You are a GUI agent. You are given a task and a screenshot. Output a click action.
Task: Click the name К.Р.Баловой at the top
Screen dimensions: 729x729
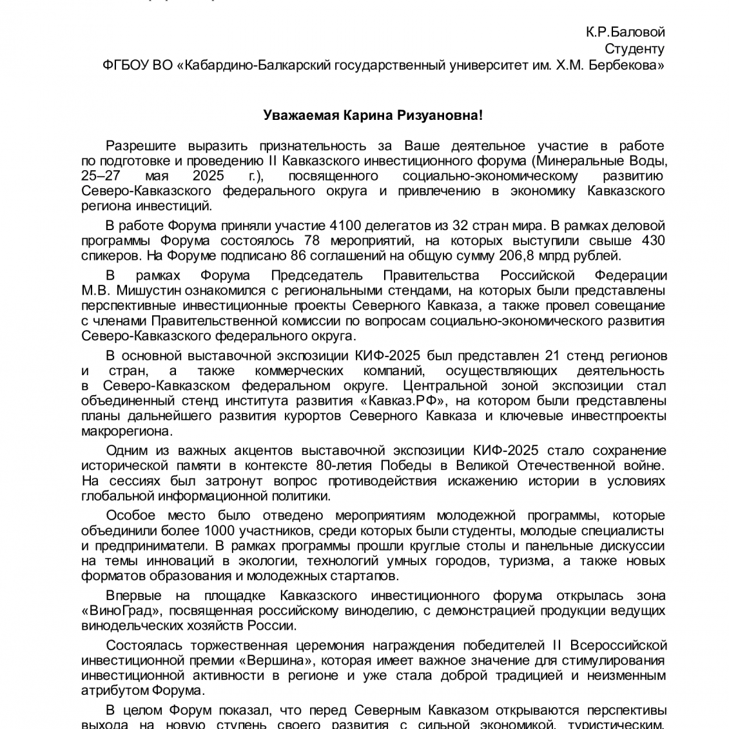point(625,32)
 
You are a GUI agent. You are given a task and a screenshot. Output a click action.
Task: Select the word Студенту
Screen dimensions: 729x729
point(634,49)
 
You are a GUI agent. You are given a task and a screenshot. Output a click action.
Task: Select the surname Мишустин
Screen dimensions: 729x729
point(141,291)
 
